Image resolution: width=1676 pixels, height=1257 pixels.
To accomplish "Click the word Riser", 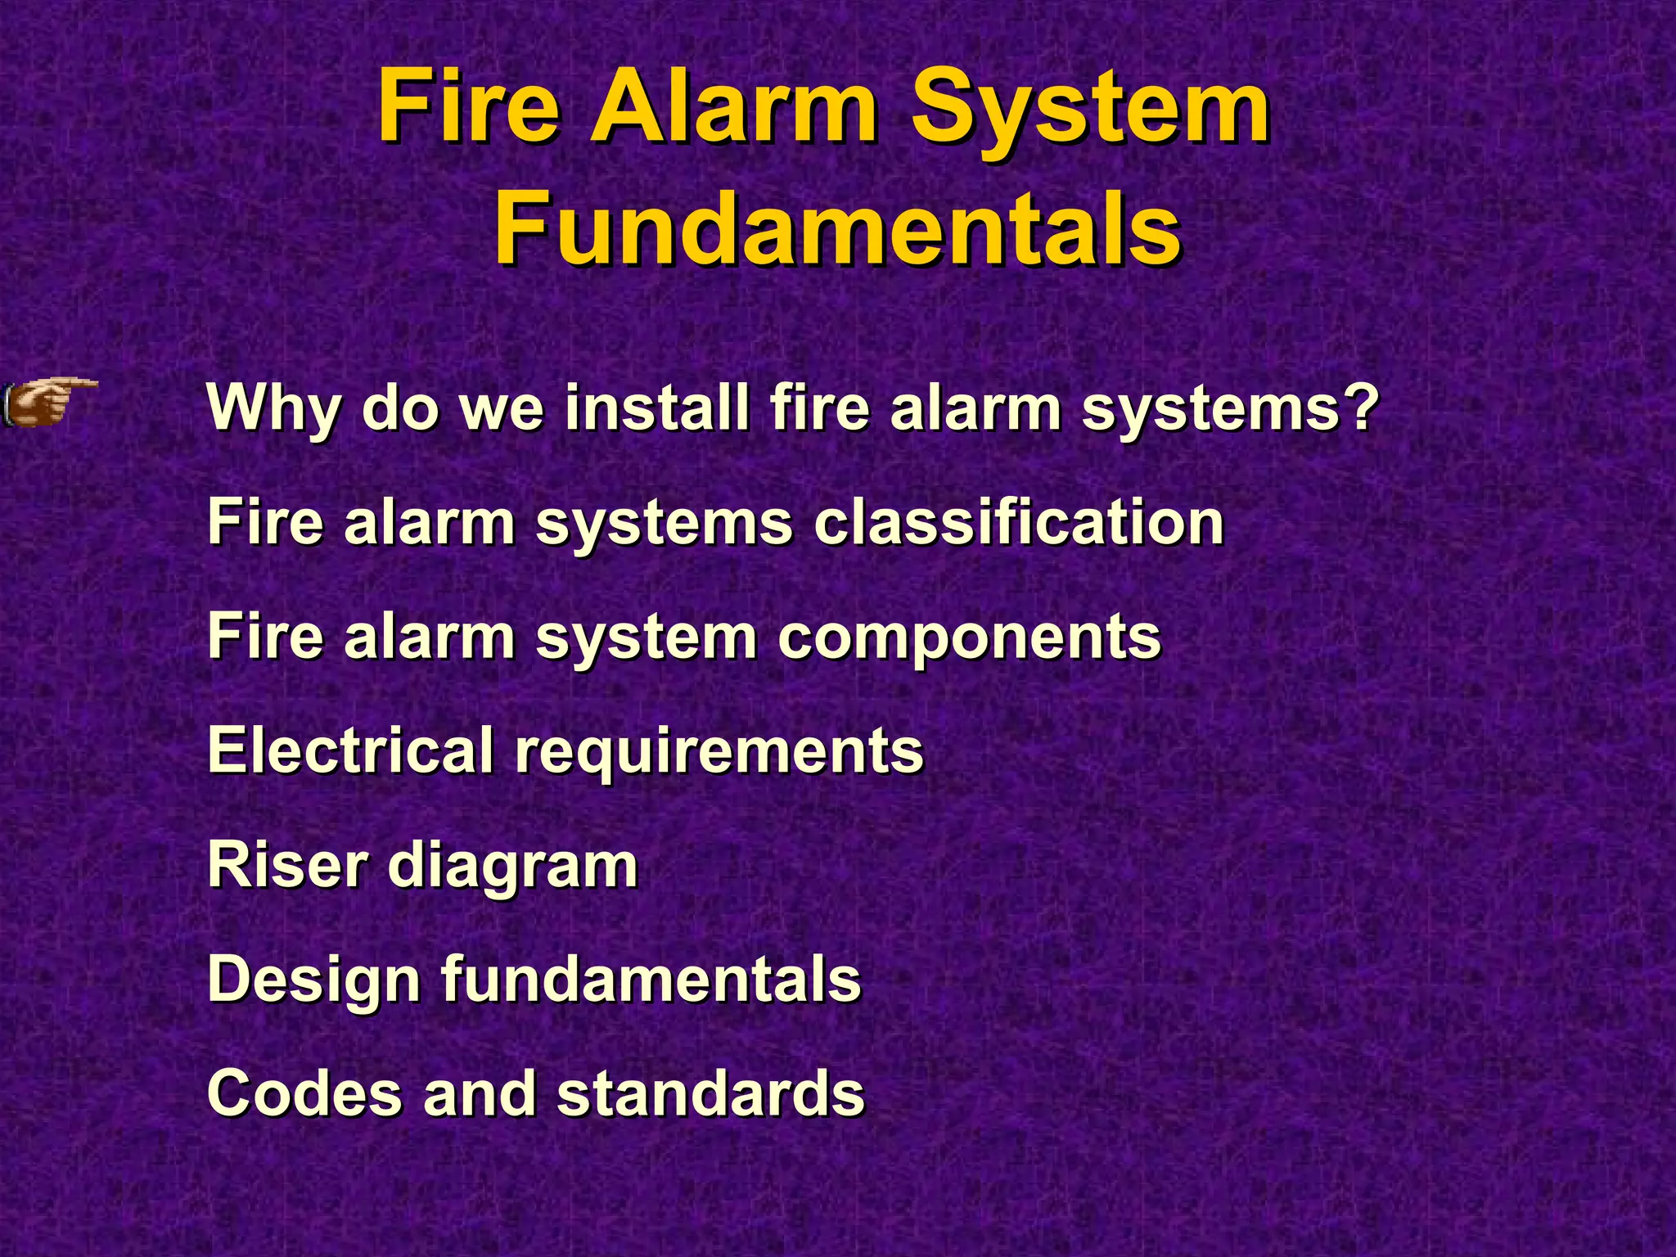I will point(287,865).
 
